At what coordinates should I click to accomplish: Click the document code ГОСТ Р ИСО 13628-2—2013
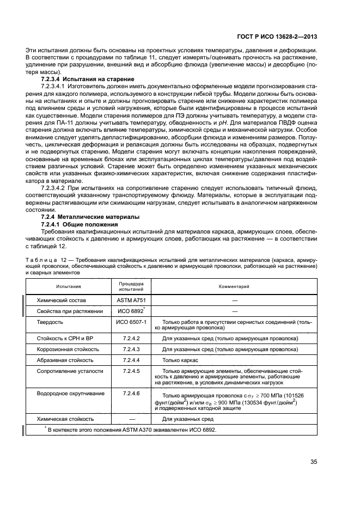282,37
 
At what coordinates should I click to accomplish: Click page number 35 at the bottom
314,462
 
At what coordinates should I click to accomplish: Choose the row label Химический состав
62,300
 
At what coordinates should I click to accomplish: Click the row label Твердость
50,322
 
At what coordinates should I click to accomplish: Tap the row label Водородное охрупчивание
70,393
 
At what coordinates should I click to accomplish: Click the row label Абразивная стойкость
65,360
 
